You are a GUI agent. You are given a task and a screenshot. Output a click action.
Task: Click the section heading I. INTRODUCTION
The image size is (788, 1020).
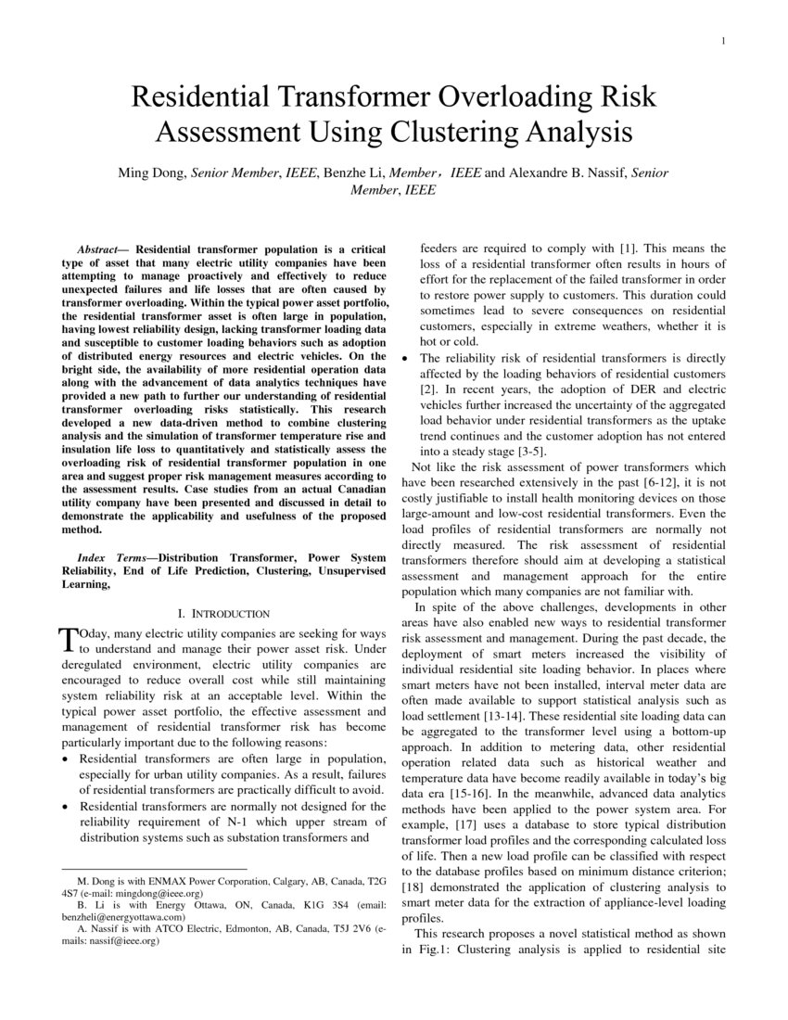(x=222, y=614)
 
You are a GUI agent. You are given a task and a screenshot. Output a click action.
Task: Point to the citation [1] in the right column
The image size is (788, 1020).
(x=628, y=249)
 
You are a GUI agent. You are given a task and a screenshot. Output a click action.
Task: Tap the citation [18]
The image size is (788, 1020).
(x=413, y=887)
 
